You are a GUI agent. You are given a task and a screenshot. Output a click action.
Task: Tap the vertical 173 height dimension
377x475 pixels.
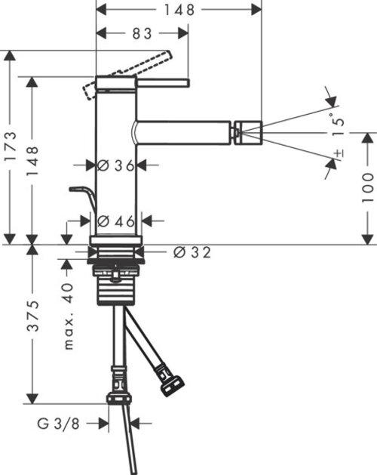coord(11,148)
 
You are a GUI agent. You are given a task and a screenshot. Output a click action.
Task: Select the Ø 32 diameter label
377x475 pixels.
coord(192,253)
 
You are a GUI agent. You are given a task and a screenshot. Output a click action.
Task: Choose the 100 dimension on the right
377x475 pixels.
coord(366,188)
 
